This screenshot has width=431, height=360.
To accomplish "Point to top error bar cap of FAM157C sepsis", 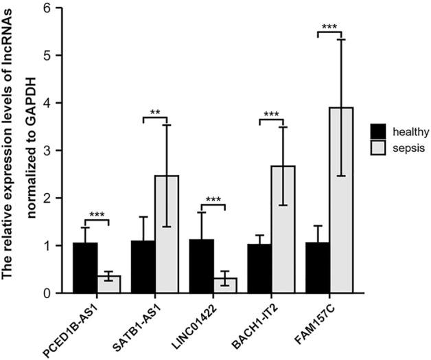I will (340, 40).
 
